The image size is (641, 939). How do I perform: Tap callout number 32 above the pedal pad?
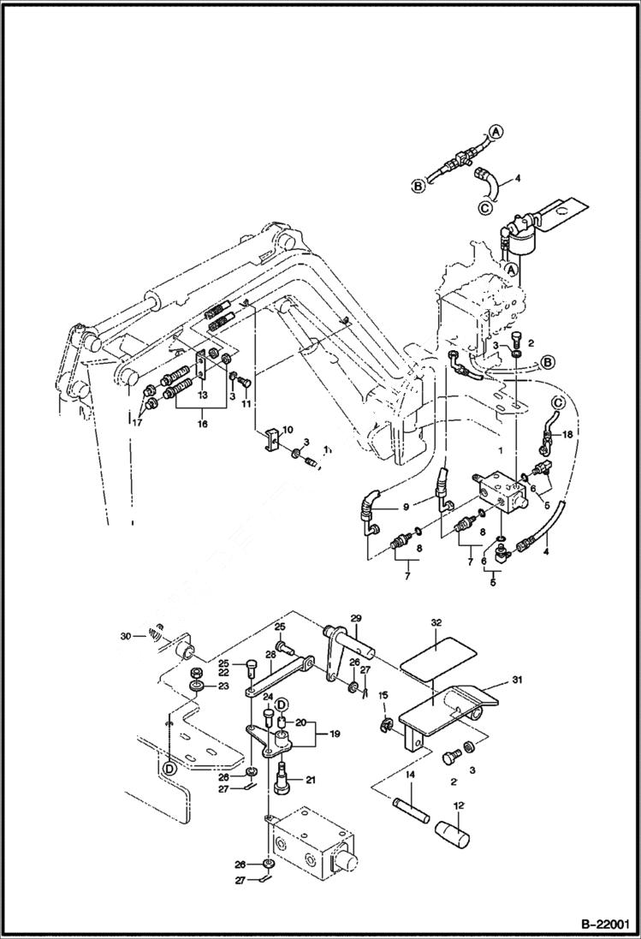pos(436,624)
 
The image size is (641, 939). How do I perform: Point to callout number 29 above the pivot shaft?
pos(356,617)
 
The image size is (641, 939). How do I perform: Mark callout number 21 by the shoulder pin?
pos(310,779)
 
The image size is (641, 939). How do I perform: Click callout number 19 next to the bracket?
pos(332,734)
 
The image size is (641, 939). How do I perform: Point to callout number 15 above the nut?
pos(383,694)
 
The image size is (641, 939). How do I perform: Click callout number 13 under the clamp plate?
pos(203,395)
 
